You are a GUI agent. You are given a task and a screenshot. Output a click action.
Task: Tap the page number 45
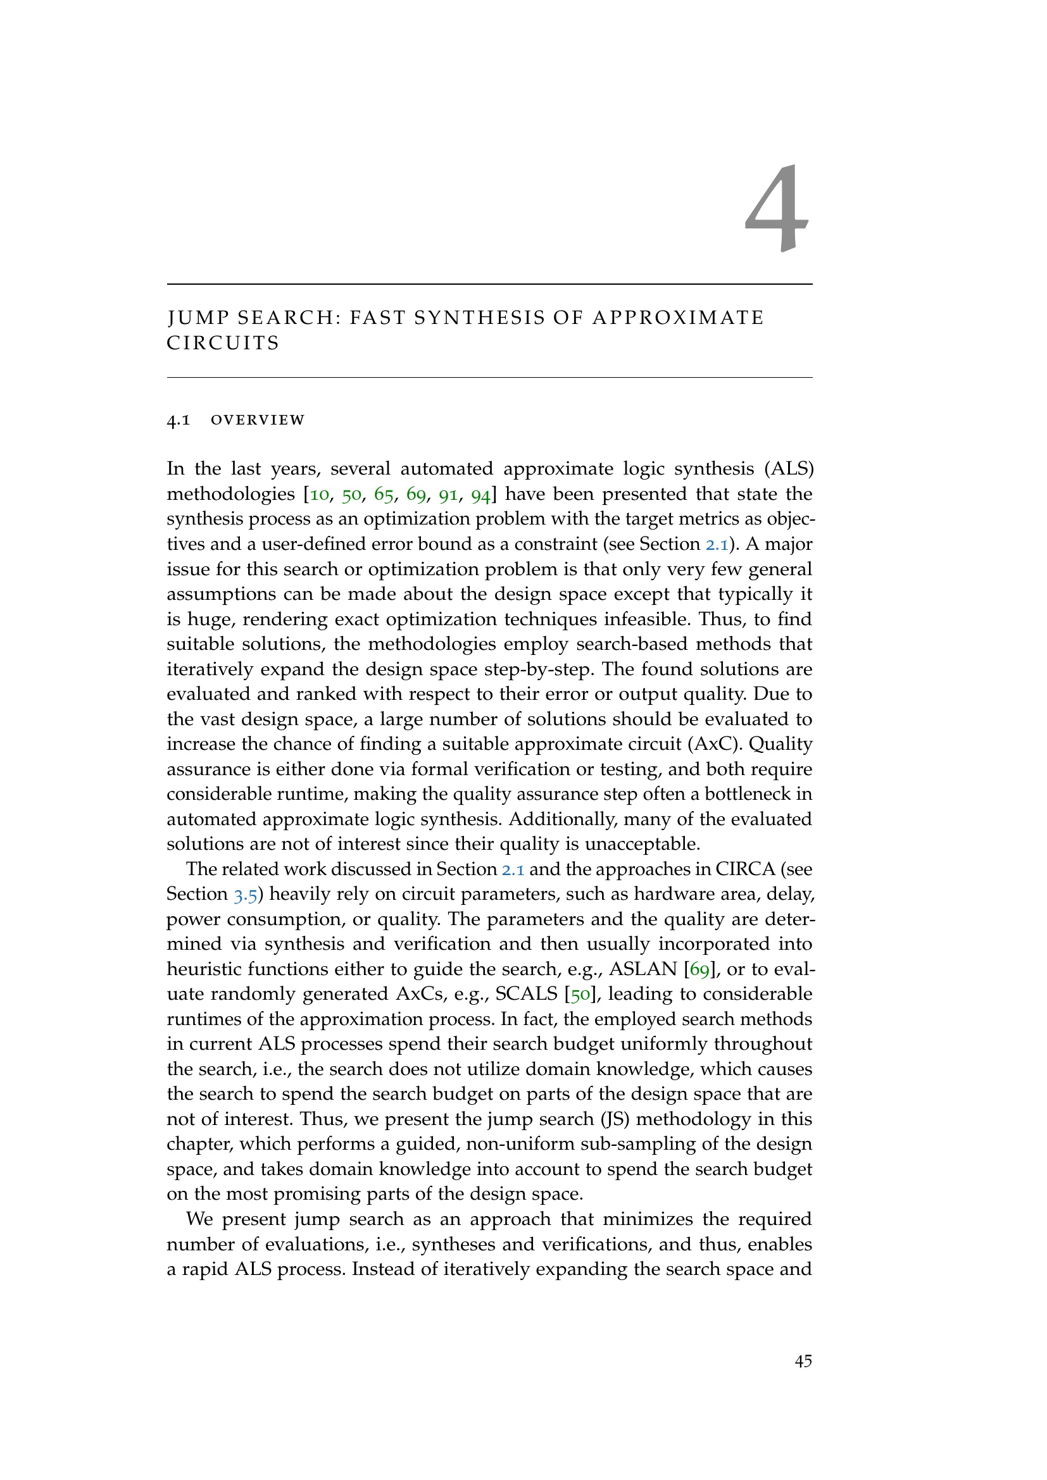click(803, 1362)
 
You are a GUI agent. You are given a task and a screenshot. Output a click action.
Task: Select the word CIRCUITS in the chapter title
click(223, 344)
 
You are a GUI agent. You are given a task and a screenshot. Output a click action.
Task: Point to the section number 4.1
click(178, 420)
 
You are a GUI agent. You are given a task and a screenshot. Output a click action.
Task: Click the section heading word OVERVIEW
click(258, 420)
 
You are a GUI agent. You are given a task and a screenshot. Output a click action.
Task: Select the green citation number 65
click(384, 495)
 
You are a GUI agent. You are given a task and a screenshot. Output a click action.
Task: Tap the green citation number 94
click(481, 495)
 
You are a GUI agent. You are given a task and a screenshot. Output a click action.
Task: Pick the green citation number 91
click(448, 495)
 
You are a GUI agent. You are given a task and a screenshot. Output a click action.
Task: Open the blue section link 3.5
click(245, 895)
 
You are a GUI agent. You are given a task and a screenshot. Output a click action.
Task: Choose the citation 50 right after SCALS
click(580, 995)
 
